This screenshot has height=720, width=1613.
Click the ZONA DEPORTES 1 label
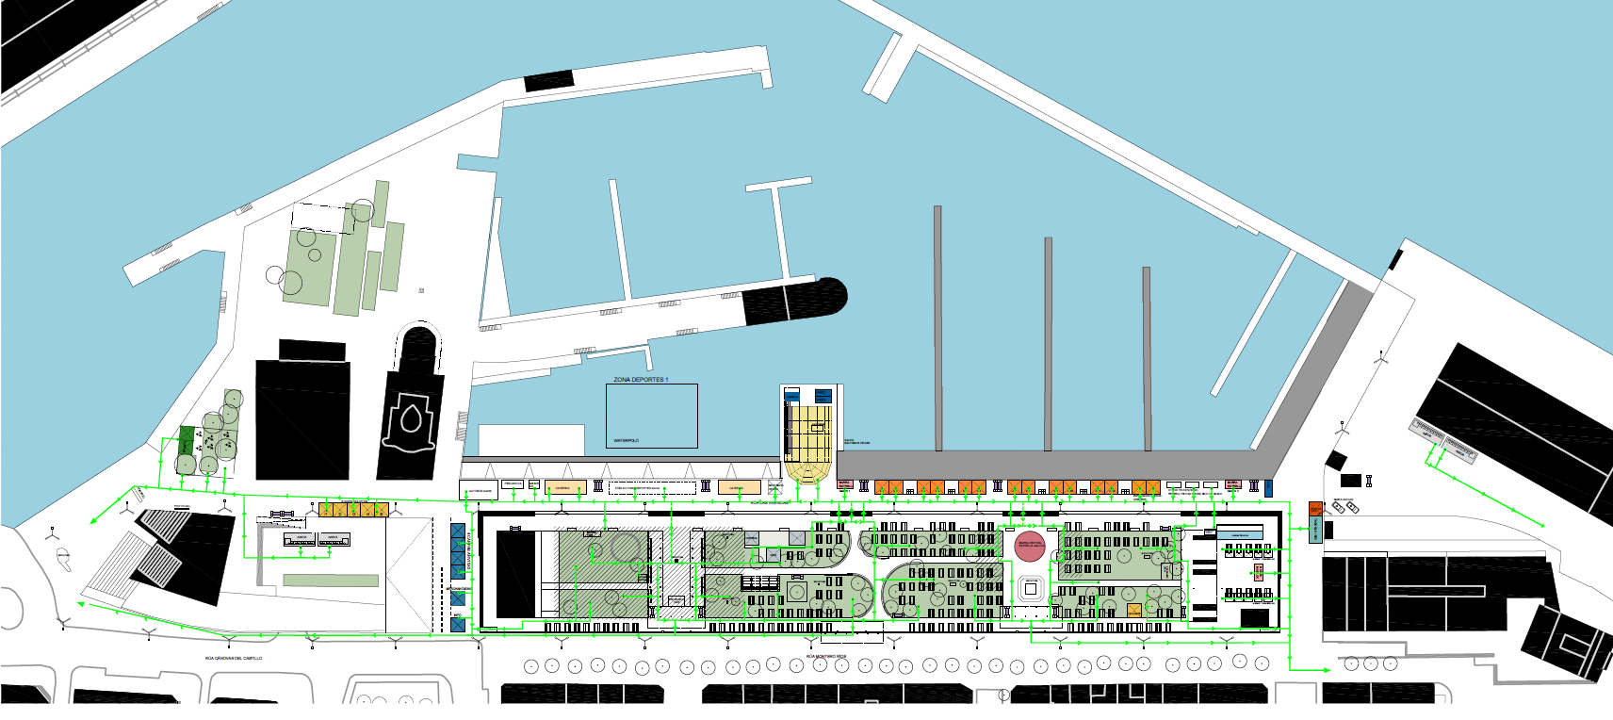tap(641, 380)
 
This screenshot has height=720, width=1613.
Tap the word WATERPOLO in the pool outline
tap(626, 440)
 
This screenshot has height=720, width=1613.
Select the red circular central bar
tap(1030, 547)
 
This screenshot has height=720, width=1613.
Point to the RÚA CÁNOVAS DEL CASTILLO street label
tap(234, 659)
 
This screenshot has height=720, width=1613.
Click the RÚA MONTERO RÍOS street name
tap(826, 656)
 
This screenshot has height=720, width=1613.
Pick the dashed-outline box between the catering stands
tap(652, 487)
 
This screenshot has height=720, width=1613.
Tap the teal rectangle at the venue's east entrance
tap(1315, 529)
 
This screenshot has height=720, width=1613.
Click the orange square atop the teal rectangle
tap(1315, 509)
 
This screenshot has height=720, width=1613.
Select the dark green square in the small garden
tap(187, 438)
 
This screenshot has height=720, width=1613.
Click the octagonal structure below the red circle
tap(1030, 588)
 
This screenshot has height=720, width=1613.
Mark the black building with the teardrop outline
tap(412, 415)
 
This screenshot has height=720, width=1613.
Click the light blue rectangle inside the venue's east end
tap(1239, 534)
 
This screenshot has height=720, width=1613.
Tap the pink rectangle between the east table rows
tap(1257, 571)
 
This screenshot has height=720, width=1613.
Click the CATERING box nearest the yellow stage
tap(739, 487)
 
